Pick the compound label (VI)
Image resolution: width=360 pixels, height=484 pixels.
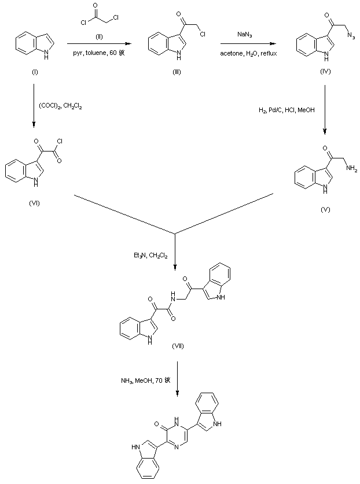click(x=34, y=203)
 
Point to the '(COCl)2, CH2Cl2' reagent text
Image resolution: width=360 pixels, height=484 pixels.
click(x=63, y=105)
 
